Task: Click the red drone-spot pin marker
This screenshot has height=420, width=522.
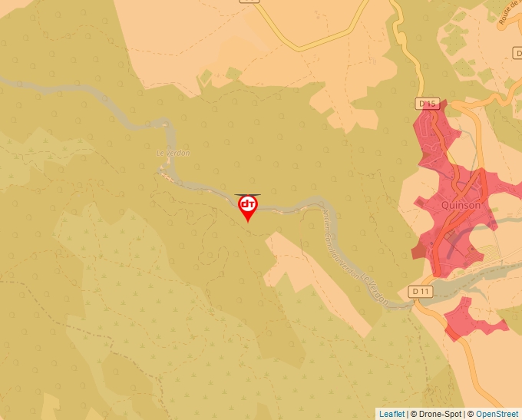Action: (248, 207)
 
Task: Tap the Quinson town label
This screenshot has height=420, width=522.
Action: (461, 205)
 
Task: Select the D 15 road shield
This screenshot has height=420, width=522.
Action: (428, 103)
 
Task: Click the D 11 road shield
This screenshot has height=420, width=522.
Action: (420, 291)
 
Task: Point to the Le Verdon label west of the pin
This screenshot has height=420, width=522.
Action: (173, 153)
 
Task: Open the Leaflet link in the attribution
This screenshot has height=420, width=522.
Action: (391, 414)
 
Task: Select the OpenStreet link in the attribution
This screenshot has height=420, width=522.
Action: (497, 414)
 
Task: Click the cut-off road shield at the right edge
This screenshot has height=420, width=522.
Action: (517, 53)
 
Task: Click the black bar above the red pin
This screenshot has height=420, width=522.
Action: (248, 194)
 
